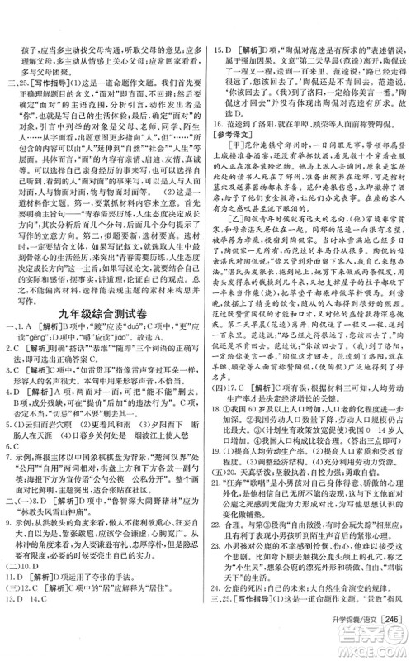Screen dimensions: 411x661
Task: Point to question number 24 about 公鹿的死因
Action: (219, 622)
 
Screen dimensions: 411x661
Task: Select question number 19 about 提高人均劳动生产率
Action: (219, 500)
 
